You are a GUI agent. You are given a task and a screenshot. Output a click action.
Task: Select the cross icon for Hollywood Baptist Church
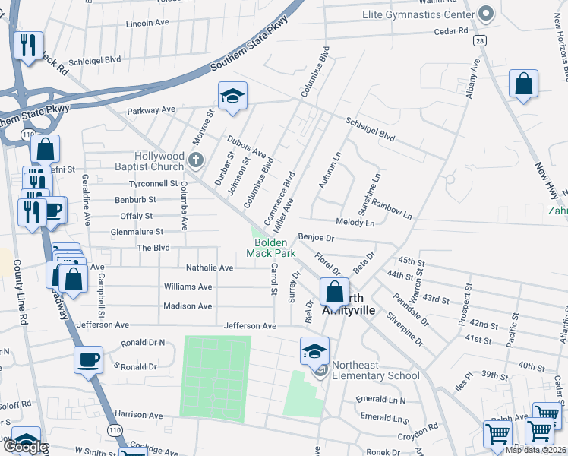[196, 160]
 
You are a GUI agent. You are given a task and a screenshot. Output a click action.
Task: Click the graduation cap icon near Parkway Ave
[233, 96]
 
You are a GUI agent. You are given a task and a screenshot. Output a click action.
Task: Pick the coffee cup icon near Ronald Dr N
[88, 359]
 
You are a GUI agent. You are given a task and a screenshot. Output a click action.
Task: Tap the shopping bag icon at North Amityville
[333, 290]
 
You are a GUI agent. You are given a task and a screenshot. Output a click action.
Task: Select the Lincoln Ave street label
[147, 24]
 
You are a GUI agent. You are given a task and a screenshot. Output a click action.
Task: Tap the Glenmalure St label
[137, 232]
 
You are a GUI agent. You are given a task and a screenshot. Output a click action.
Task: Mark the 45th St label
[411, 261]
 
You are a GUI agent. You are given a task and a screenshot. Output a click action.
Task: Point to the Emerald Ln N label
[383, 401]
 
